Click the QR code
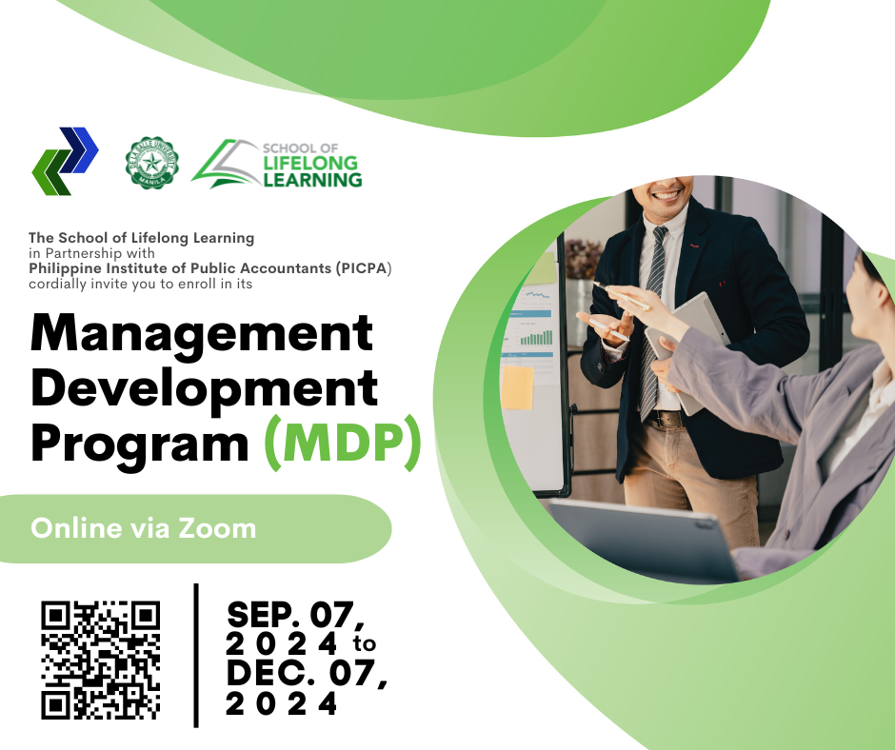tap(101, 660)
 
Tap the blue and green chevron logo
tap(65, 161)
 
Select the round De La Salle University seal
tap(151, 163)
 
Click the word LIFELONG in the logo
tap(310, 164)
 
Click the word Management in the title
tap(202, 334)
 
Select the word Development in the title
tap(204, 389)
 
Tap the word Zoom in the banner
tap(217, 528)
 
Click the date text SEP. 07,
tap(296, 615)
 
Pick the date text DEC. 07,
tap(308, 674)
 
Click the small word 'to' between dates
tap(364, 643)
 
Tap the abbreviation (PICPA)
tap(364, 268)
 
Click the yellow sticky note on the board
tap(518, 388)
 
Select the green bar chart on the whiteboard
tap(536, 337)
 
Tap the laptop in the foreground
tap(639, 540)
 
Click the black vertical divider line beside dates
tap(196, 655)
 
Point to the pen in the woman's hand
tap(621, 296)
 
